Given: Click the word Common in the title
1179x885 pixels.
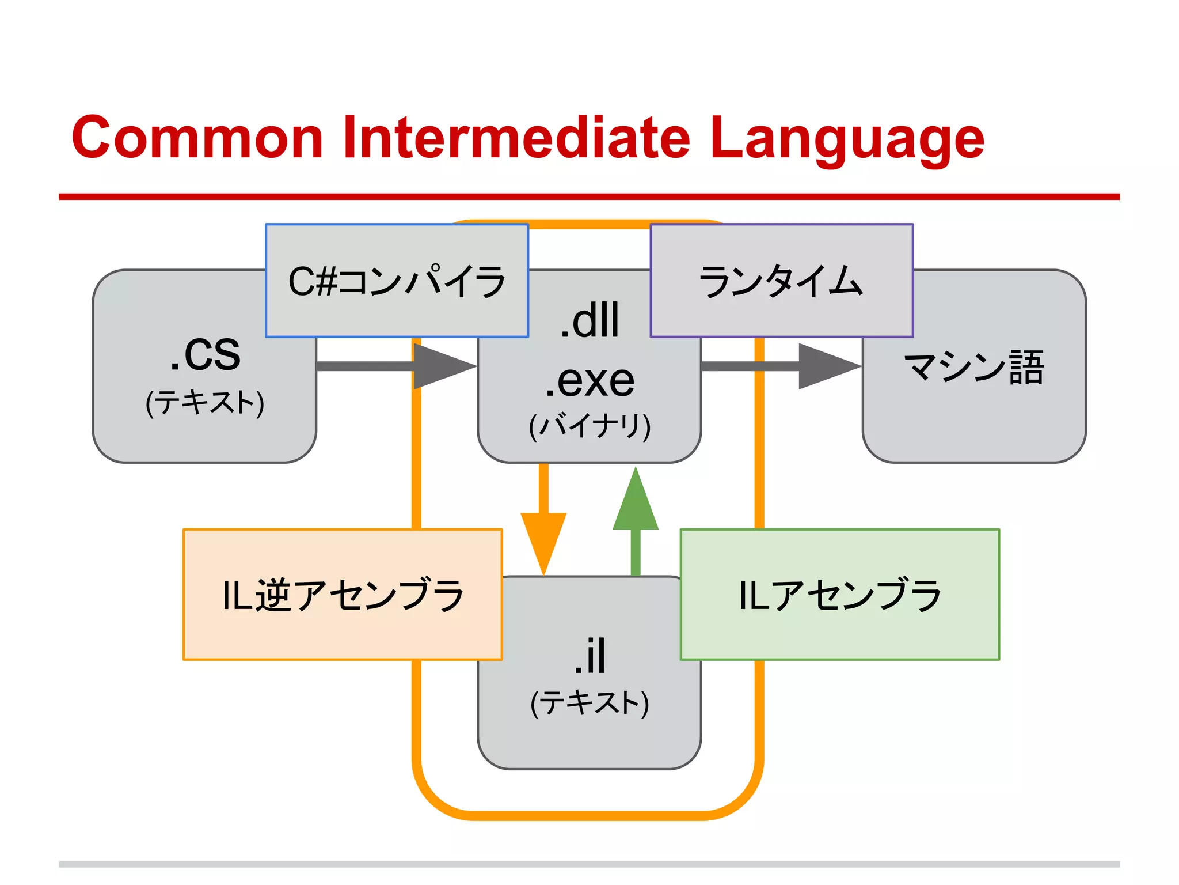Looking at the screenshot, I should click(x=197, y=138).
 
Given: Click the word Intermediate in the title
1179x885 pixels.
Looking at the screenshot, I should click(x=516, y=138).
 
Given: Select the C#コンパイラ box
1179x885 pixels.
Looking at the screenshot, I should click(x=397, y=281).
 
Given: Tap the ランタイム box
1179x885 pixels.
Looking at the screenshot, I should click(x=781, y=281).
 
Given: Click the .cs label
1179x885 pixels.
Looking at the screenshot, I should click(x=205, y=353).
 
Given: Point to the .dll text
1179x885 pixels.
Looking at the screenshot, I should click(x=589, y=320).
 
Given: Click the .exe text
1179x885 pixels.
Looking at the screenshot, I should click(x=589, y=380).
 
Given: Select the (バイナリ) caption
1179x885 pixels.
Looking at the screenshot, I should click(x=589, y=426).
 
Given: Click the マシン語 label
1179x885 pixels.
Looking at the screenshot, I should click(x=973, y=366).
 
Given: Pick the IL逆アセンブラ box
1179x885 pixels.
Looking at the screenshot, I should click(x=343, y=594).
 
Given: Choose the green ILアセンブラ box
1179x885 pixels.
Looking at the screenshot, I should click(x=839, y=594).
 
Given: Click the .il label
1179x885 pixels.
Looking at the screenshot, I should click(x=589, y=656).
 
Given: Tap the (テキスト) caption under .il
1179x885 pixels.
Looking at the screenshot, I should click(x=589, y=703).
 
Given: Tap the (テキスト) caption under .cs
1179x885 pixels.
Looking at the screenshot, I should click(x=205, y=402).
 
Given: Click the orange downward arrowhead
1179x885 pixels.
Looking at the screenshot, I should click(x=543, y=539).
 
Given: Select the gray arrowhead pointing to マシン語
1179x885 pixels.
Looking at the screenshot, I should click(x=826, y=366).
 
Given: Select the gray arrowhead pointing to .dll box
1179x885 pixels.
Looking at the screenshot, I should click(x=441, y=366).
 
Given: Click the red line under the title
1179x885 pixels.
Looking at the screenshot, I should click(x=589, y=196).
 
